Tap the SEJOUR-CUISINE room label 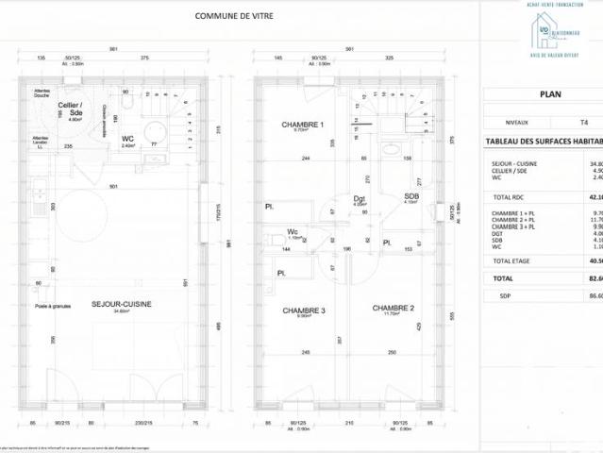coord(122,304)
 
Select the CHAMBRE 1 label coord(303,125)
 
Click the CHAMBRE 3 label coord(303,310)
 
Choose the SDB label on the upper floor coord(410,195)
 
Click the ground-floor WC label coord(128,139)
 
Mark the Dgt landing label coord(360,198)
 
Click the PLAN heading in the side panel coord(549,94)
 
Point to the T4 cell coord(584,123)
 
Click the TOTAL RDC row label coord(511,197)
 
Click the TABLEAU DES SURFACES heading coord(544,141)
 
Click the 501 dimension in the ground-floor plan coord(112,186)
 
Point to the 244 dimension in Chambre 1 coord(306,158)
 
